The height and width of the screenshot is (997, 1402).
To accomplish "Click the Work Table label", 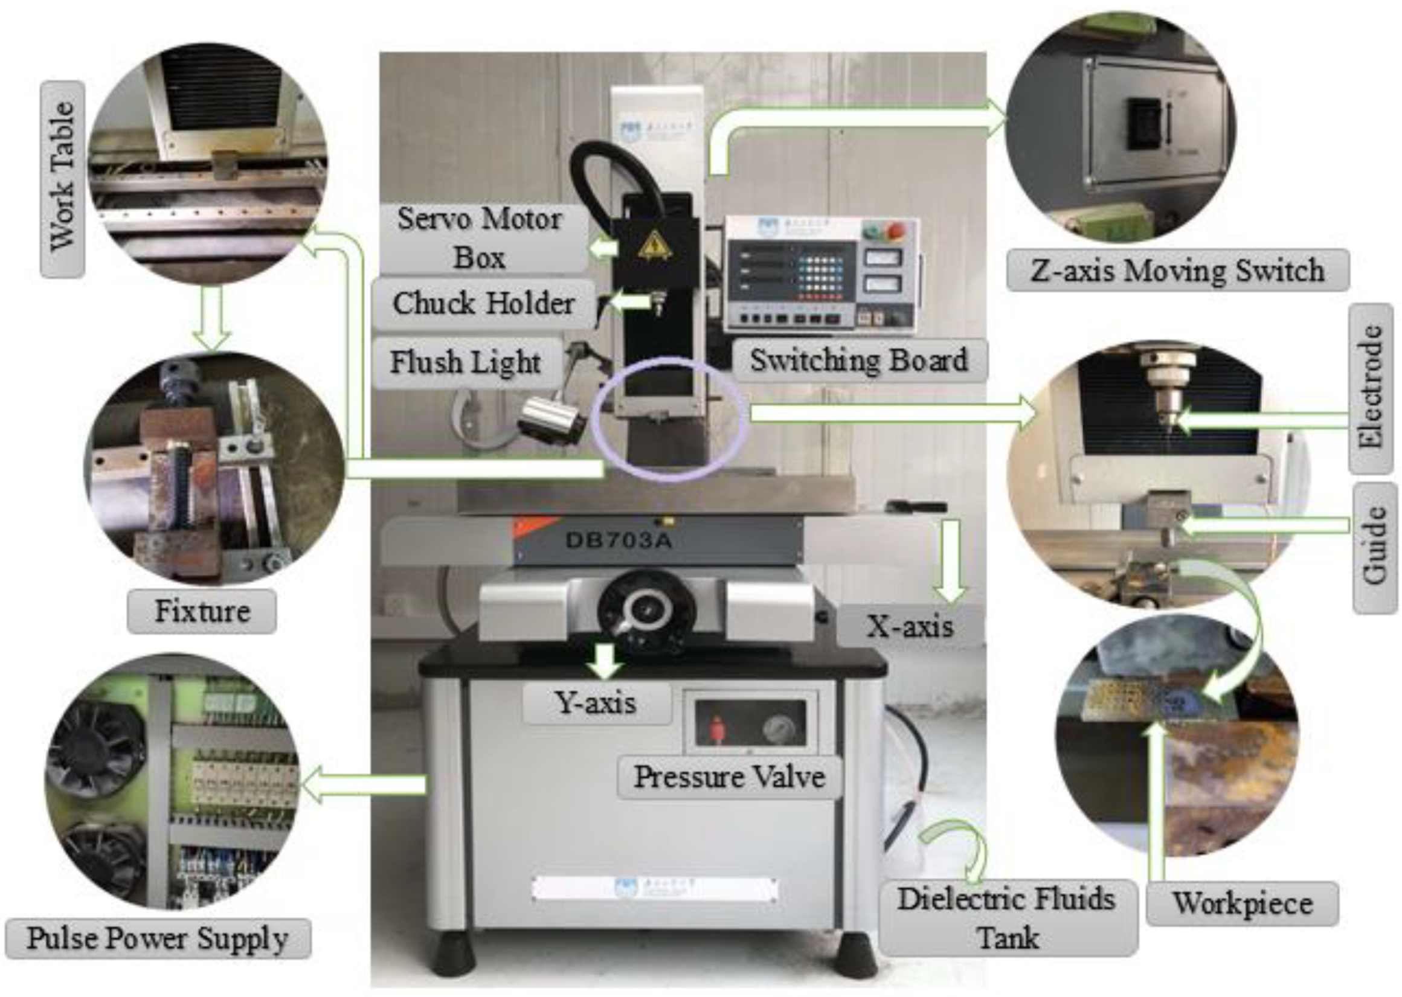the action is click(63, 179).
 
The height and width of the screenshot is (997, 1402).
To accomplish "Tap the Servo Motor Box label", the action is click(479, 237).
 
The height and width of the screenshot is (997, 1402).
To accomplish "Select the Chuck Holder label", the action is click(483, 303).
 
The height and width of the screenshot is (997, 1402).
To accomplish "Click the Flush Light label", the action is click(466, 362).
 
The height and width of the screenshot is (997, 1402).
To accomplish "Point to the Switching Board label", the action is click(859, 361).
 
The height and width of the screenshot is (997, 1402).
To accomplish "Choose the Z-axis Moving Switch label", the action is click(1177, 271).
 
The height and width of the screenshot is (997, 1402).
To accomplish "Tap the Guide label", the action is click(1374, 547).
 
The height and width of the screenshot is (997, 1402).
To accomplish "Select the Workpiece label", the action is click(1243, 903).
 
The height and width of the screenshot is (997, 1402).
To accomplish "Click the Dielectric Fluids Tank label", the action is click(1006, 918).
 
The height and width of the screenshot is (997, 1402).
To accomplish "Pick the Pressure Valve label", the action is click(729, 777).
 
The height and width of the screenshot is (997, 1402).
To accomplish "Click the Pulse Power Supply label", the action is click(157, 938).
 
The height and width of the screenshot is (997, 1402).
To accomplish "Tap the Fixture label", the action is click(202, 612).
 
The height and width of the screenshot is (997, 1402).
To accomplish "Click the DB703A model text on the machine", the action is click(619, 541).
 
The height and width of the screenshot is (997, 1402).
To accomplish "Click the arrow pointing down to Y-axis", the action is click(605, 661).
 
